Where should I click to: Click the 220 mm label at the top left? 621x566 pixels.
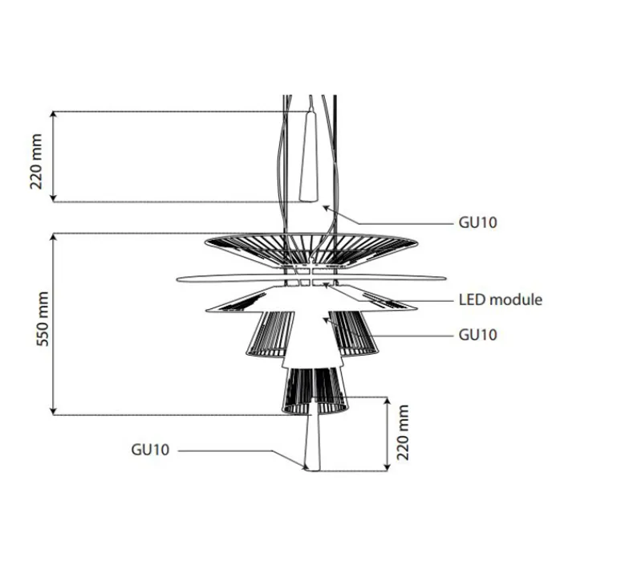click(37, 157)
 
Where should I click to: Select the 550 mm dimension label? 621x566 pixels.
click(45, 324)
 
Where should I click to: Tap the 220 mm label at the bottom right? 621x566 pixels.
click(403, 433)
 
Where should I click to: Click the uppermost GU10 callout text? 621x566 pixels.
click(477, 222)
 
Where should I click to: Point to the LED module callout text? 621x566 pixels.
click(500, 299)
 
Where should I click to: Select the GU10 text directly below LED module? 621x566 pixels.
click(477, 334)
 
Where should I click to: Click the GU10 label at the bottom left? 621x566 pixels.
click(150, 450)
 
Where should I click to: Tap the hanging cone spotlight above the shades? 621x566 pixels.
click(309, 157)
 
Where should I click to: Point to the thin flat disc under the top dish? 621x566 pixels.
click(233, 279)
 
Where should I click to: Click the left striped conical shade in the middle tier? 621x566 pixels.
click(268, 332)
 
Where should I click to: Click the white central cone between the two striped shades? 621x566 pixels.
click(311, 337)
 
